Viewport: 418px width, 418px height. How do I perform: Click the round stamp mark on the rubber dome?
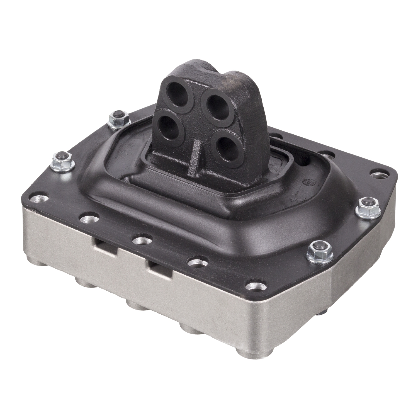pyautogui.click(x=307, y=183)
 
